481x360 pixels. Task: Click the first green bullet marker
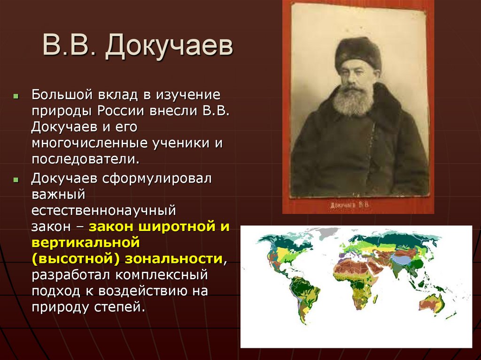click(16, 96)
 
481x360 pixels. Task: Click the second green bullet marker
click(16, 180)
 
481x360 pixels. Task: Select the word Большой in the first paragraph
click(62, 95)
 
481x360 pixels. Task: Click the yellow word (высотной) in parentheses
click(76, 258)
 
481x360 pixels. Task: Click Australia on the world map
click(432, 304)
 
